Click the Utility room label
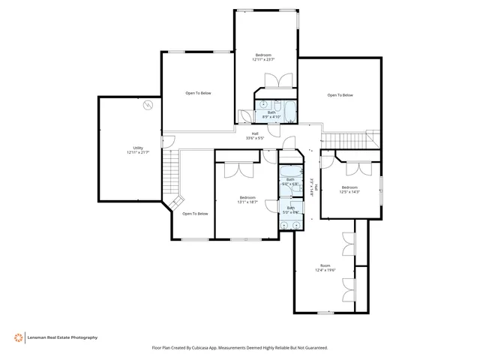[137, 150]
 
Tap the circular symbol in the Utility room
[149, 104]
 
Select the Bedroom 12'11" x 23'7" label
[263, 57]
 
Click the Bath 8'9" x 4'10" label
[271, 115]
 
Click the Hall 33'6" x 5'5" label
[255, 135]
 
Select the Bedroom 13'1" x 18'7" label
[247, 199]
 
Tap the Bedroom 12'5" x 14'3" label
[349, 189]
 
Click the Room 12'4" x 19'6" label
[325, 268]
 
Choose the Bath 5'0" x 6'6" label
[290, 211]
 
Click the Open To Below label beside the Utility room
[199, 93]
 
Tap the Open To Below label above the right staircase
[340, 95]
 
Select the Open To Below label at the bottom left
[195, 214]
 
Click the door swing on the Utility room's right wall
[168, 140]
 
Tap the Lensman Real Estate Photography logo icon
[18, 337]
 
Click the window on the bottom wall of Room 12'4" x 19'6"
[325, 312]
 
